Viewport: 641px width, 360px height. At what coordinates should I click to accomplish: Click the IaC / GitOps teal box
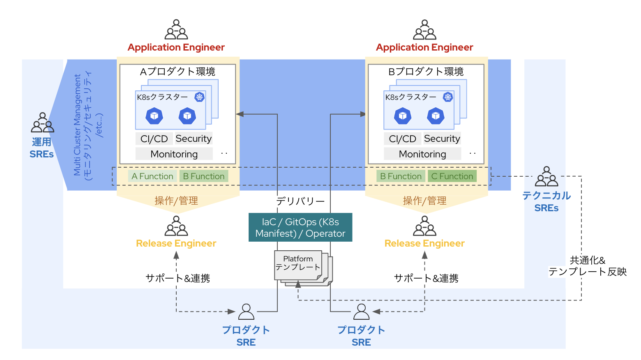(x=300, y=227)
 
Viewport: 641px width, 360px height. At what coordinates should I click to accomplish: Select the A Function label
(x=152, y=176)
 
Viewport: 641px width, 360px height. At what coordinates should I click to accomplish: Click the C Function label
(x=452, y=176)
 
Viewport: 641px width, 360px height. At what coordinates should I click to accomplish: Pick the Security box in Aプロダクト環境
(x=194, y=139)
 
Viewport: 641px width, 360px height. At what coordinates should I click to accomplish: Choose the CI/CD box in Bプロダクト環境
(x=402, y=139)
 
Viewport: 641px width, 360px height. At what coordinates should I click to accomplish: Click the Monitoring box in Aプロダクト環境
(x=174, y=154)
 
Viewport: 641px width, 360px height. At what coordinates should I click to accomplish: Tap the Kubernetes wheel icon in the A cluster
(x=199, y=97)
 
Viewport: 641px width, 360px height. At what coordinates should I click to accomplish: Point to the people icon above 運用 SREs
(x=42, y=122)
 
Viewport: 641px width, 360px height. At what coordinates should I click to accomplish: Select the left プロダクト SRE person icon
(x=246, y=312)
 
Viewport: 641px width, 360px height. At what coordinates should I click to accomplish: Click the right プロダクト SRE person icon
(x=361, y=312)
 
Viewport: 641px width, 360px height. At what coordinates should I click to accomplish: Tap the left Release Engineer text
(x=176, y=243)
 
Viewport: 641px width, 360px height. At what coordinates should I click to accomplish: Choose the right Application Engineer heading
(x=424, y=47)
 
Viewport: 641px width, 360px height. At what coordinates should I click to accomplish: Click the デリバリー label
(x=300, y=201)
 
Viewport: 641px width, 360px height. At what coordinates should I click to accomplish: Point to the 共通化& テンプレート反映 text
(x=587, y=266)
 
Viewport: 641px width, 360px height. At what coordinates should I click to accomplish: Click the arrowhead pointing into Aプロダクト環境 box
(x=240, y=114)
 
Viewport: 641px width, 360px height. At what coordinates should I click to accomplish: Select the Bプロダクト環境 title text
(x=426, y=72)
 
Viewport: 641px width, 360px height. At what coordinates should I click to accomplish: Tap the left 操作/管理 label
(x=176, y=201)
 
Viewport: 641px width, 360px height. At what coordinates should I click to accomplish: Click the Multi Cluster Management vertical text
(x=77, y=125)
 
